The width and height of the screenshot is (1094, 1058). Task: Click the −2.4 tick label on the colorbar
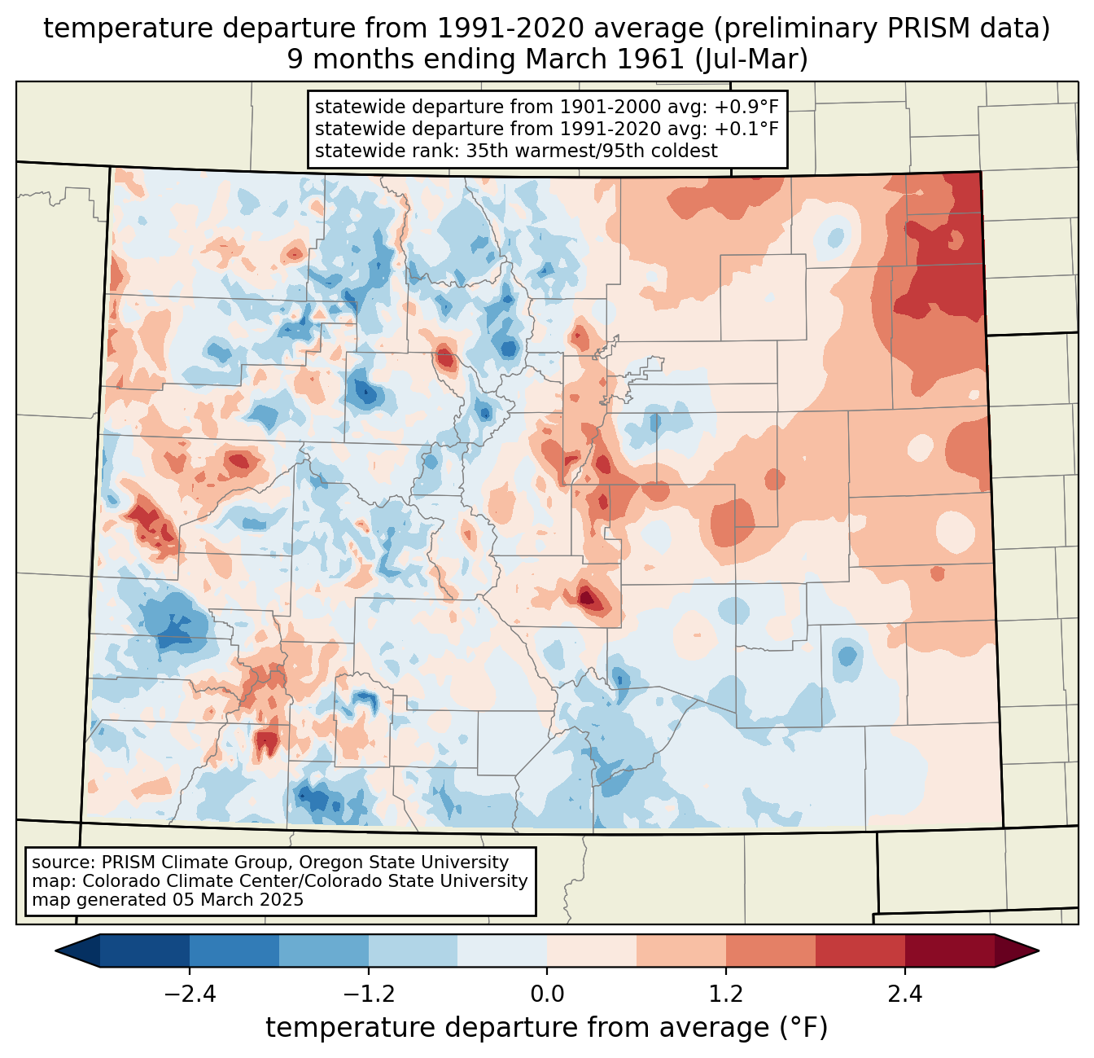point(190,994)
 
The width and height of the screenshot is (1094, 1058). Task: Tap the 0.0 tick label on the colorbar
point(547,994)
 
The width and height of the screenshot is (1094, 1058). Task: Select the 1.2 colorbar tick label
point(726,994)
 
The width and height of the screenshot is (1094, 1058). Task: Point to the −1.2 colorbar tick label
point(369,994)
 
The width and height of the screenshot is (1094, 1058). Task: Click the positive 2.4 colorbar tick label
point(904,994)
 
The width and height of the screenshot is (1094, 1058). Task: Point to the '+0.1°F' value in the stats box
point(746,129)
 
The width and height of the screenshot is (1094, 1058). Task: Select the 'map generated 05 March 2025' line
point(168,900)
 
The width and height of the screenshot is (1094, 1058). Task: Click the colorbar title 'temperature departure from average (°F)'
point(547,1028)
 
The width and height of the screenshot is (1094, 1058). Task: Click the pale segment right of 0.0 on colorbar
point(592,950)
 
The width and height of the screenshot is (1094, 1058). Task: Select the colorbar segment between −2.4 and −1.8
point(234,950)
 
